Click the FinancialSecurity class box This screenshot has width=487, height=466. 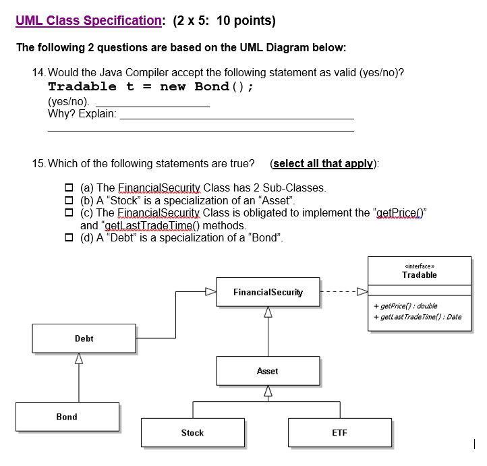click(268, 292)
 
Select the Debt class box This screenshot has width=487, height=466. click(84, 339)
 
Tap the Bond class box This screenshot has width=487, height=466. click(67, 417)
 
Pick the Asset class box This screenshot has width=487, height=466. click(268, 371)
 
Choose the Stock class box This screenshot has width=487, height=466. click(192, 432)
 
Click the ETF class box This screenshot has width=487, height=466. click(339, 432)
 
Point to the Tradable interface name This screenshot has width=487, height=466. click(420, 275)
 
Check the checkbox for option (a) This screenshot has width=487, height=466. click(68, 188)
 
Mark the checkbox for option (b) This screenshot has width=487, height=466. click(68, 200)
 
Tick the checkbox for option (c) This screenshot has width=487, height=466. click(68, 213)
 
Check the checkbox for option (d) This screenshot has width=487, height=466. click(68, 238)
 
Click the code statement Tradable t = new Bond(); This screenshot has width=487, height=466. click(150, 86)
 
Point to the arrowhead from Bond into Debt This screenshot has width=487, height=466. click(79, 359)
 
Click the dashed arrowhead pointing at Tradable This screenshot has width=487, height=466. click(362, 292)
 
